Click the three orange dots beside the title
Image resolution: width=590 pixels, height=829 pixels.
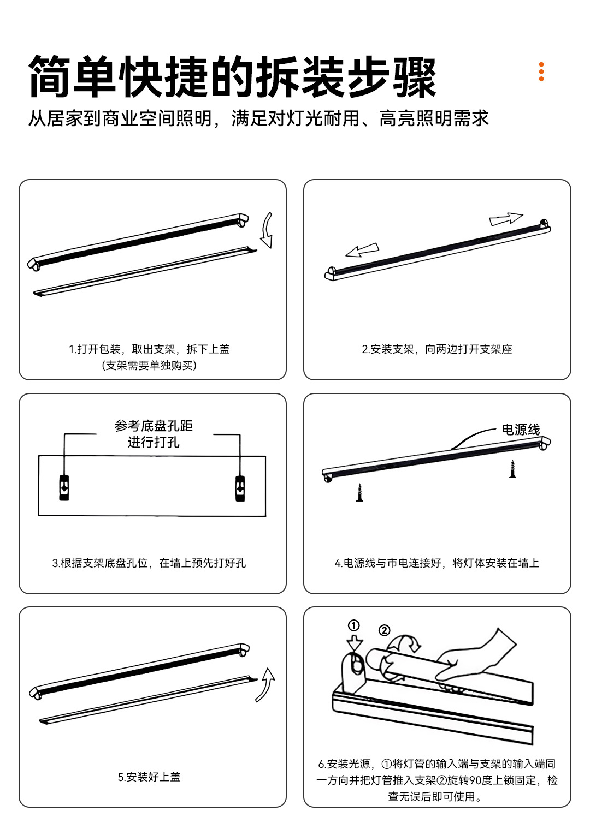(541, 72)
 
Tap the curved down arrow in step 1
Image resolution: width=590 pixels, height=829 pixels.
(267, 230)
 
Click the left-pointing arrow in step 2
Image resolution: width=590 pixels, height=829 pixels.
(362, 250)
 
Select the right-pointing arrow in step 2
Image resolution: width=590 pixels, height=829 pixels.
(506, 219)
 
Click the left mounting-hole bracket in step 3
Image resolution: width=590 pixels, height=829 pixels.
(64, 488)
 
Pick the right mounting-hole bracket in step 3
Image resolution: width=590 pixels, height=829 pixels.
(240, 488)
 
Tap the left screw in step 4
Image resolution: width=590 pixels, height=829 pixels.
(359, 492)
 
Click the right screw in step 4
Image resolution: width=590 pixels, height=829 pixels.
(512, 469)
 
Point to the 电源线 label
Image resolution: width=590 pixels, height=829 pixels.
(521, 430)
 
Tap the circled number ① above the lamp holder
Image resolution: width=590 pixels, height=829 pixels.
(353, 625)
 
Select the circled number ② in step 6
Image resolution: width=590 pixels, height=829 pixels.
(384, 630)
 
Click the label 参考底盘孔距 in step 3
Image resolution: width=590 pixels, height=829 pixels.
(154, 426)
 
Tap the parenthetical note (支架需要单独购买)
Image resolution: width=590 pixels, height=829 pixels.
(149, 365)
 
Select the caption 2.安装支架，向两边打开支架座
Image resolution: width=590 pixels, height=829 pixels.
(437, 349)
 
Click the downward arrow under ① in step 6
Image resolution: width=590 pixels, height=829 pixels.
(355, 643)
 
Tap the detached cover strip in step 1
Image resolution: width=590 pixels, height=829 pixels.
(145, 271)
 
